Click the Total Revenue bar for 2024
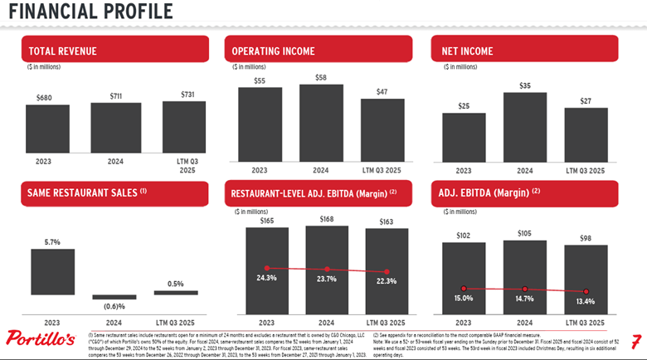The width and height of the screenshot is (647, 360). [116, 128]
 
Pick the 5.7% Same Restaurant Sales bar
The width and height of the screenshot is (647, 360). [51, 270]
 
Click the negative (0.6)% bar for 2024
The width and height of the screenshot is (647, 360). [114, 297]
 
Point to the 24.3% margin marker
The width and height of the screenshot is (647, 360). [266, 268]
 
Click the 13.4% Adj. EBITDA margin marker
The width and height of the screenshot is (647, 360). [586, 292]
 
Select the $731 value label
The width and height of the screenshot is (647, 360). [187, 95]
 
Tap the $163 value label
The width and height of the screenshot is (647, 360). [387, 221]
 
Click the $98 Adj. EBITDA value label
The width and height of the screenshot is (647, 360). [586, 238]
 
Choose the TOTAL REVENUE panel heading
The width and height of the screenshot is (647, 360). [62, 51]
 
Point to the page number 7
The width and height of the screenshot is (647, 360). [635, 341]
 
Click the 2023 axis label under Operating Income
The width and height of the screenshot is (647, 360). [259, 170]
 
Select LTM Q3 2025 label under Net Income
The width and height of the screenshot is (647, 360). [585, 170]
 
